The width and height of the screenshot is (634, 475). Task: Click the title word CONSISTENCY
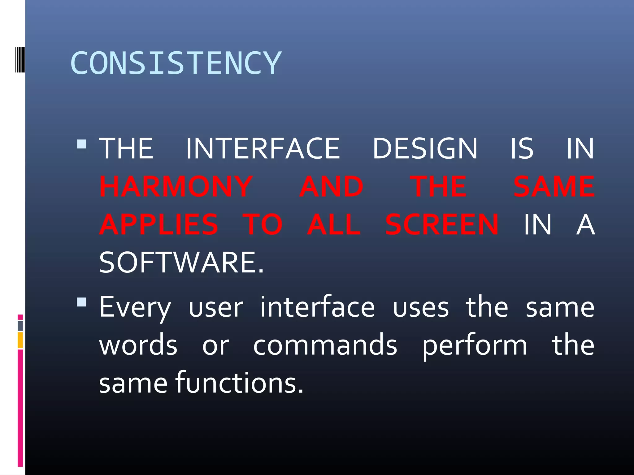[x=176, y=63]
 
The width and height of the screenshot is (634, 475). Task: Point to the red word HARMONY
[x=176, y=186]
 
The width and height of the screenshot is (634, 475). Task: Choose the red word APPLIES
[x=159, y=224]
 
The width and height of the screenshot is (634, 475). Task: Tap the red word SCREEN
[x=442, y=224]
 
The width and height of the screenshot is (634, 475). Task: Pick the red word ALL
[x=334, y=224]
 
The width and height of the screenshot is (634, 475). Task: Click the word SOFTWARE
[x=181, y=262]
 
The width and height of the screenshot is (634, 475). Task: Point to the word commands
[x=325, y=345]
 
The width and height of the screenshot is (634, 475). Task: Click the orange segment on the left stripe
[x=20, y=340]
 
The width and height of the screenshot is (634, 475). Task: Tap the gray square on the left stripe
[x=20, y=326]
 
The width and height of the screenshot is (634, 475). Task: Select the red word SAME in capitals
[x=554, y=186]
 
